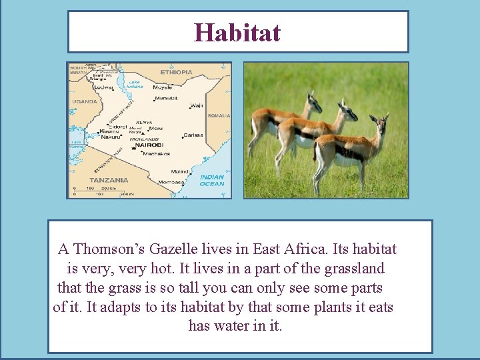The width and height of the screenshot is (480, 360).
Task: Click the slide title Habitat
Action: [237, 32]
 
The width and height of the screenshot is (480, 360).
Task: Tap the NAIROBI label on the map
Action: [149, 145]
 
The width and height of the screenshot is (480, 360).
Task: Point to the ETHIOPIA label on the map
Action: [176, 72]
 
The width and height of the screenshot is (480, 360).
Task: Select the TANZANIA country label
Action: [109, 180]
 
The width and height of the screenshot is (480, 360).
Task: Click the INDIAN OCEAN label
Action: [212, 181]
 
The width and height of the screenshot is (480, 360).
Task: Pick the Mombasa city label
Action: [171, 182]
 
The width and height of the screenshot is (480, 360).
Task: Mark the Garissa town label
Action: [193, 135]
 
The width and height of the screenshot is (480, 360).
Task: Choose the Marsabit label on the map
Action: [166, 99]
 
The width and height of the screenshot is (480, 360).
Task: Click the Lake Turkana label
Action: [134, 84]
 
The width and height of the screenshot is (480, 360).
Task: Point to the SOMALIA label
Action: [219, 115]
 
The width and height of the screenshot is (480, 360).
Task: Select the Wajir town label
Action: [197, 105]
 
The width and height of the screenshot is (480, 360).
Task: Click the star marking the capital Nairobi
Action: [133, 149]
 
